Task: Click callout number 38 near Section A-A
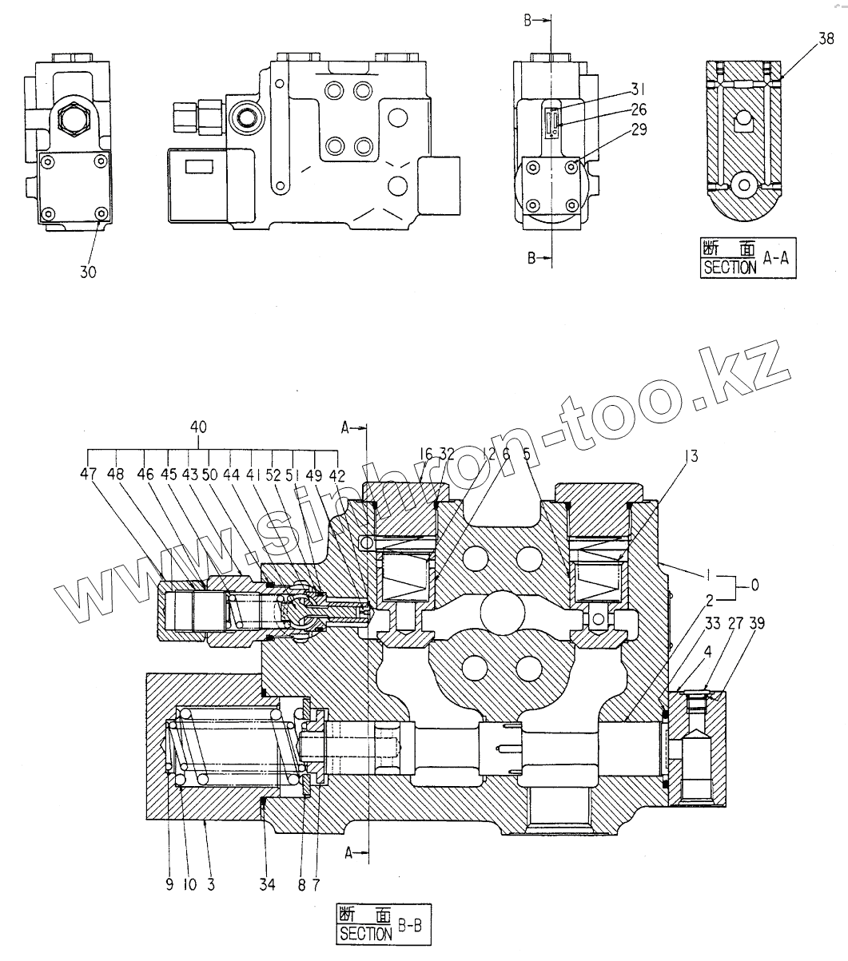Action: pos(827,37)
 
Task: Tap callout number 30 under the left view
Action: pos(88,272)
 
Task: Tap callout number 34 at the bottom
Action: pos(267,884)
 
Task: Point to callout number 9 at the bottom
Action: pos(169,884)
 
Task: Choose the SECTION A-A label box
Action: pos(748,258)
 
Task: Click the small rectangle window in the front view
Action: pos(199,166)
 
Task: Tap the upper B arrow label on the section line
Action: pos(529,22)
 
